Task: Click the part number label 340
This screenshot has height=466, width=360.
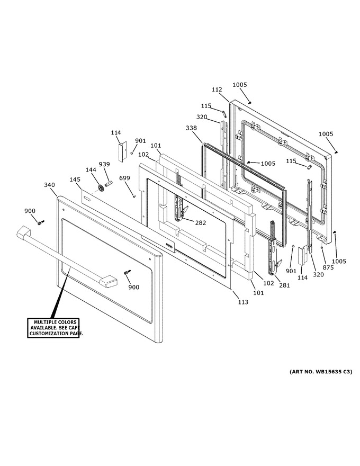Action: pos(49,185)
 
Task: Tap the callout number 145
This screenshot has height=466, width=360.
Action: pos(75,180)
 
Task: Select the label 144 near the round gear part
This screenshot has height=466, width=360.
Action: pos(91,169)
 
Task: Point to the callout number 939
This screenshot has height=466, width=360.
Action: pos(104,164)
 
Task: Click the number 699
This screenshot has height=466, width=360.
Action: pos(124,178)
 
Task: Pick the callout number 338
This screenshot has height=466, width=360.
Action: pos(191,128)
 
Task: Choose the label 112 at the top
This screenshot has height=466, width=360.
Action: pos(217,89)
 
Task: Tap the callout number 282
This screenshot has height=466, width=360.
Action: pos(201,222)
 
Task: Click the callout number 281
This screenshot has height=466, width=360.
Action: pos(284,285)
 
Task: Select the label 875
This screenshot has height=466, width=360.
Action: pos(328,267)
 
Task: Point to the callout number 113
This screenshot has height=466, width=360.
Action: pos(243,302)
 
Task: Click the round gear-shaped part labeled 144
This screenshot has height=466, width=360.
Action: pos(102,189)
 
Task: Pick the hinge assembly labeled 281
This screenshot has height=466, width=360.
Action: pos(274,249)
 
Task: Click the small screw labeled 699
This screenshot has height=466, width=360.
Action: pos(133,196)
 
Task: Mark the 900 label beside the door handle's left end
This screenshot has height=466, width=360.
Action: pos(30,211)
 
